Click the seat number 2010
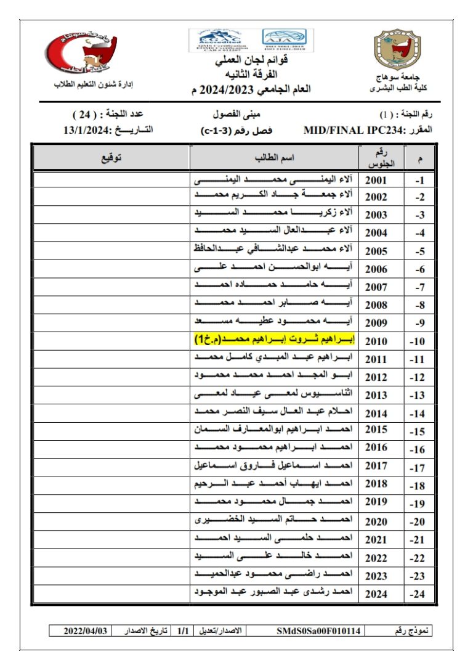(x=376, y=341)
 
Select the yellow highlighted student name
(x=273, y=340)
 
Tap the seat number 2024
(x=376, y=594)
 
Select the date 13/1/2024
(x=86, y=131)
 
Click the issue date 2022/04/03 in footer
(x=86, y=631)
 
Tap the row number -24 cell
(x=419, y=595)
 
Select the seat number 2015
(x=376, y=430)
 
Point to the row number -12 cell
(x=419, y=377)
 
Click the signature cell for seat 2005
(x=111, y=251)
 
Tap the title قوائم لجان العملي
(x=250, y=61)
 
